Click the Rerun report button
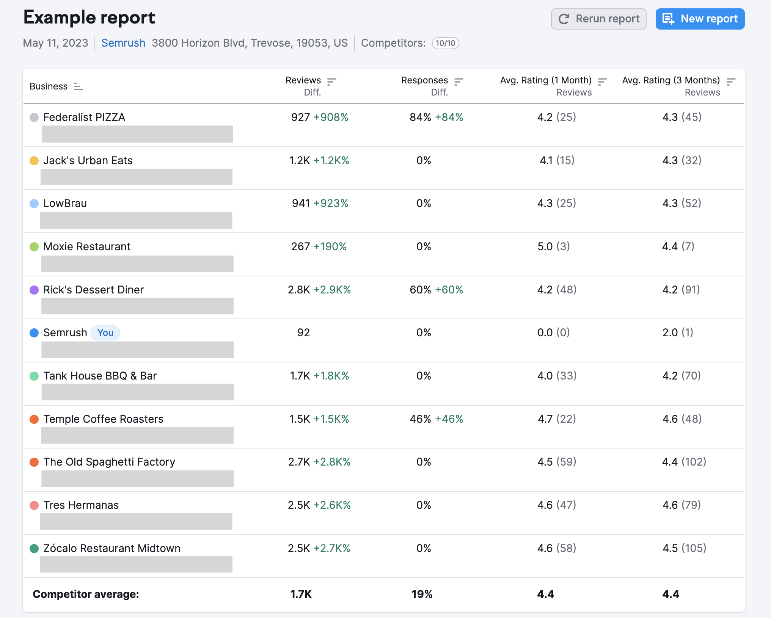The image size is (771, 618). (x=598, y=19)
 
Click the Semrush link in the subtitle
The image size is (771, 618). (x=123, y=43)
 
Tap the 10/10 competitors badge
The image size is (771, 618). (x=445, y=43)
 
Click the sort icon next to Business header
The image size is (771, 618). (x=78, y=86)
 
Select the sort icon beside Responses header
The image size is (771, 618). (x=459, y=81)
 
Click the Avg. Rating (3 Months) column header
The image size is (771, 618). (x=671, y=80)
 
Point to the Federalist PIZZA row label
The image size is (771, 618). (x=84, y=117)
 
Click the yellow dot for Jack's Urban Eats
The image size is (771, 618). (x=34, y=161)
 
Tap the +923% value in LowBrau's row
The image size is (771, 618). (x=331, y=204)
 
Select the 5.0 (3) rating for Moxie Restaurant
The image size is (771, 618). (x=553, y=246)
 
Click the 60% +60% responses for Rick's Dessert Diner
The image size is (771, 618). (x=436, y=290)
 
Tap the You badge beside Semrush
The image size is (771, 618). (x=105, y=333)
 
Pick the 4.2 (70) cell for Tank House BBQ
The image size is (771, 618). (x=681, y=376)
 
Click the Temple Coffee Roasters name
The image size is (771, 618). (x=103, y=419)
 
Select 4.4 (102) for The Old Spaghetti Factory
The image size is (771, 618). (x=684, y=462)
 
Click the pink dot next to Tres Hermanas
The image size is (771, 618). (x=34, y=505)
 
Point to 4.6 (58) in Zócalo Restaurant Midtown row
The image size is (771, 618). (x=556, y=548)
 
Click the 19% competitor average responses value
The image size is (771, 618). (x=422, y=594)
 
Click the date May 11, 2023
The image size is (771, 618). (x=55, y=43)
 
